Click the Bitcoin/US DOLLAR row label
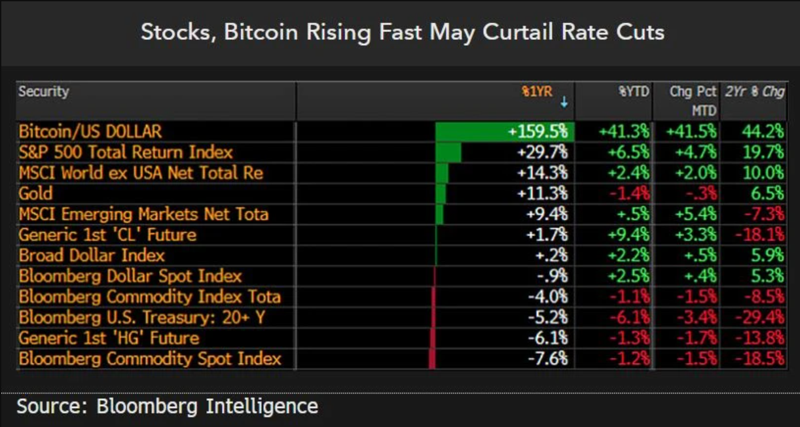pyautogui.click(x=90, y=131)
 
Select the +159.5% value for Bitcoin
pyautogui.click(x=538, y=131)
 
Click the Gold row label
pyautogui.click(x=36, y=194)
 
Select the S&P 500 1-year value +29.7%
pyautogui.click(x=542, y=152)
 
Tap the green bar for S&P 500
pyautogui.click(x=448, y=152)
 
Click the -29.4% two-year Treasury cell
pyautogui.click(x=759, y=318)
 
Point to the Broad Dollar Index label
pyautogui.click(x=92, y=256)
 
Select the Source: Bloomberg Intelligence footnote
pyautogui.click(x=167, y=406)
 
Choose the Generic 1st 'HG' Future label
pyautogui.click(x=109, y=339)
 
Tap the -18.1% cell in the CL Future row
pyautogui.click(x=759, y=235)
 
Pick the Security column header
pyautogui.click(x=44, y=92)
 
